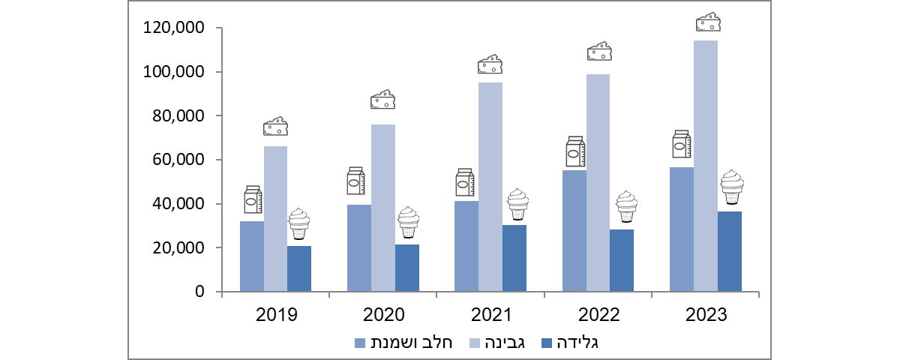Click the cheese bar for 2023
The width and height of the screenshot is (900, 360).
click(705, 166)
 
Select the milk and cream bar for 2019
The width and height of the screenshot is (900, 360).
click(251, 256)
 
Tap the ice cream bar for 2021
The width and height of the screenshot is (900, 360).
click(514, 258)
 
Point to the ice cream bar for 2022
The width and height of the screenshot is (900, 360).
click(622, 260)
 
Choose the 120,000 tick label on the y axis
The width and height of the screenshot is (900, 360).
click(174, 28)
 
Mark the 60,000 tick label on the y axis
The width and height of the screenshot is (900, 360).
click(178, 160)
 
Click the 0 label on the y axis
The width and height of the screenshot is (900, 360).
click(200, 292)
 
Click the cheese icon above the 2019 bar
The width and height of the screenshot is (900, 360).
click(275, 127)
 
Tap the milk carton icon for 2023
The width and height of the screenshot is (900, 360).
click(681, 145)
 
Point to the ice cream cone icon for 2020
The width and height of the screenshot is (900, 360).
click(408, 222)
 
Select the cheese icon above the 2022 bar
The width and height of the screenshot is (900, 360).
click(598, 52)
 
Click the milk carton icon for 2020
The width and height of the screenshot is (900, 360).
click(355, 181)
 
